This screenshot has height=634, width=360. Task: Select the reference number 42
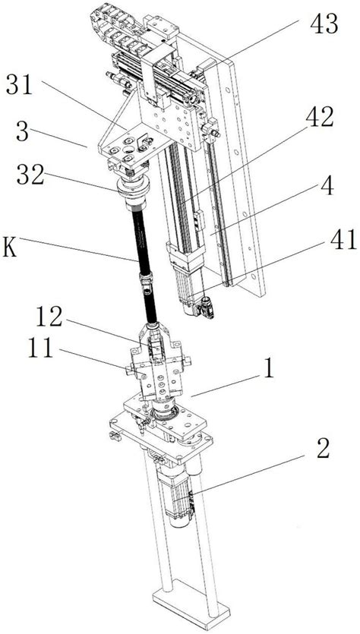[x=319, y=118]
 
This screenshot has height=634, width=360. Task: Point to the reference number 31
[x=19, y=86]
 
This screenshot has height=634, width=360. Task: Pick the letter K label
[x=10, y=247]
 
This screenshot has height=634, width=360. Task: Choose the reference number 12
[x=49, y=317]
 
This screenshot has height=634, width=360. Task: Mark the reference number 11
[x=40, y=348]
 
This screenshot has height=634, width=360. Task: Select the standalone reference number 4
[x=327, y=185]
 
